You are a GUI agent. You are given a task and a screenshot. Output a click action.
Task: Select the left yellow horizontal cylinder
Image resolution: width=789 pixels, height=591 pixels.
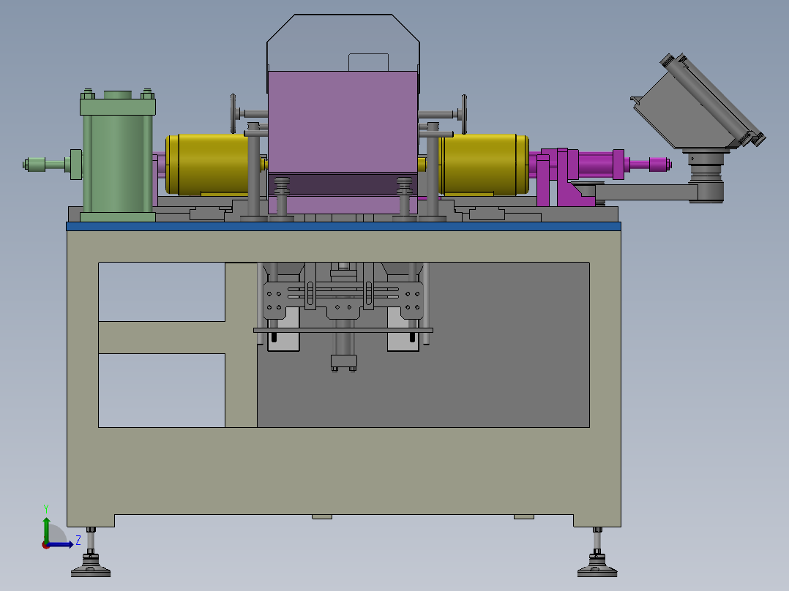pos(207,165)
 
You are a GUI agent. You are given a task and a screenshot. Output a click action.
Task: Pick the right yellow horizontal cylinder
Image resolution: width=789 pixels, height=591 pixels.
pos(484,165)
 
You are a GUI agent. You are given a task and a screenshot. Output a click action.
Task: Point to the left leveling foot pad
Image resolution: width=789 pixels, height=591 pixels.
pos(91,570)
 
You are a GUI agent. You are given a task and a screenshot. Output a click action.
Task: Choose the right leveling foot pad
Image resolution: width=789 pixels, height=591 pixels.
pos(597,570)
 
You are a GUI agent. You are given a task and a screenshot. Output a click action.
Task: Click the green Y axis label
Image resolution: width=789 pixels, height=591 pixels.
pos(46,508)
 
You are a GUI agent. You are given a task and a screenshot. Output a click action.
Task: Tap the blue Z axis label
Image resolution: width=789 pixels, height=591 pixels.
pos(78,541)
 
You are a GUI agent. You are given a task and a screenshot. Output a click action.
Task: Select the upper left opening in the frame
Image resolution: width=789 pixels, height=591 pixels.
pos(162,292)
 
